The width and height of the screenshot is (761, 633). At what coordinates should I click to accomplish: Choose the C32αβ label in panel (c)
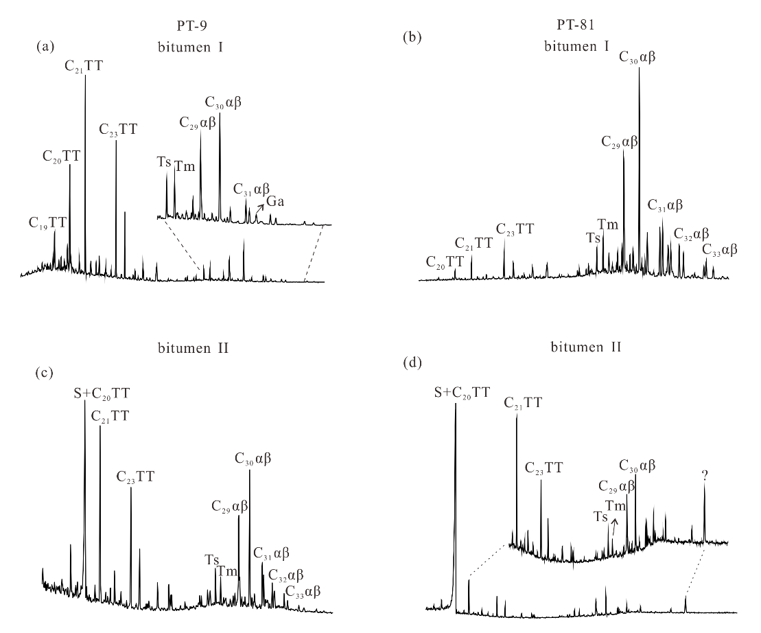(x=286, y=575)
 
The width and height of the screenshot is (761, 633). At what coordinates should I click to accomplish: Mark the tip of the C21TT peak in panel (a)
(x=85, y=74)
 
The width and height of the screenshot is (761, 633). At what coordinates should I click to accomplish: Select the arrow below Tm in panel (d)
(x=614, y=526)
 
